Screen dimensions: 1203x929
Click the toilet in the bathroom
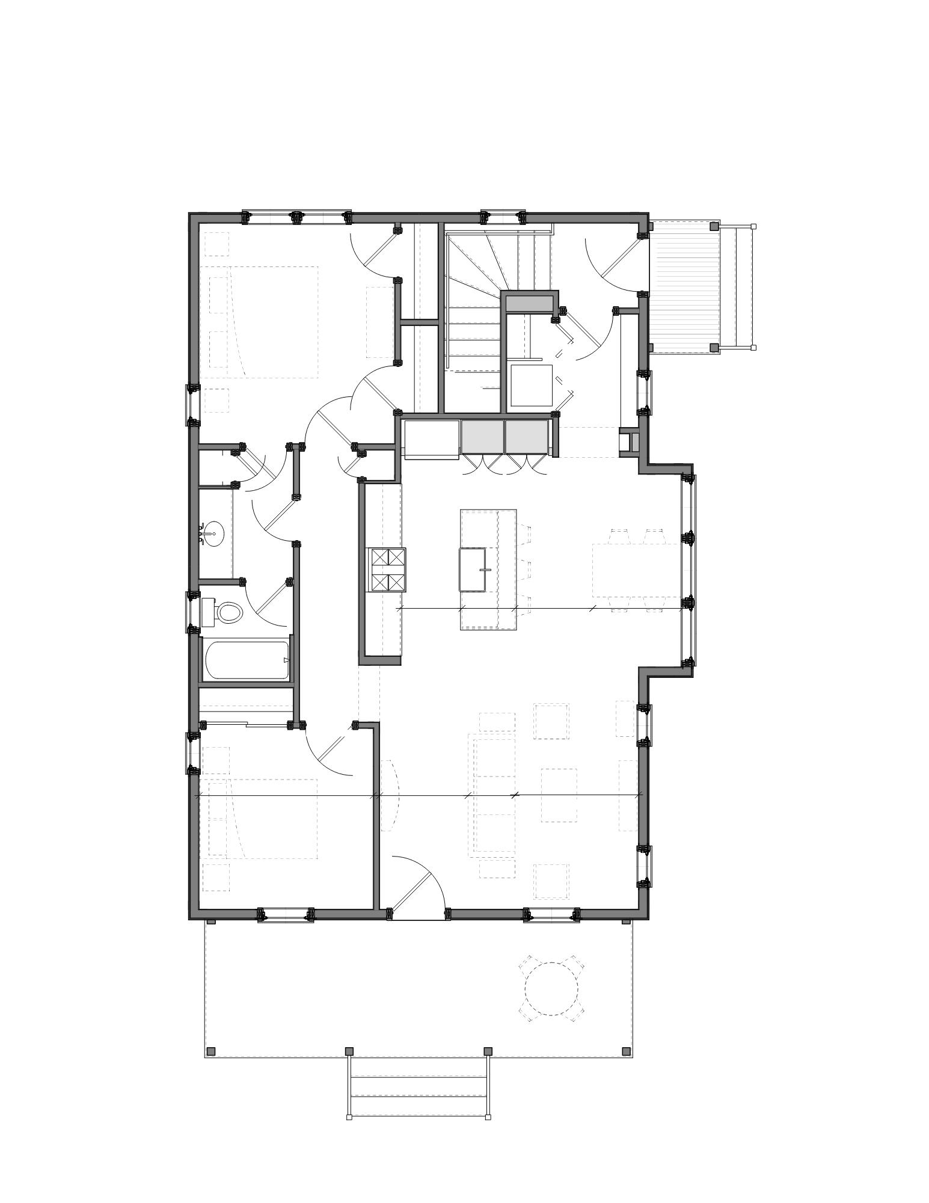coord(227,612)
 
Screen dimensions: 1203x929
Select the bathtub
coord(247,660)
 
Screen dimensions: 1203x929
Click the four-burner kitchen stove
coord(387,570)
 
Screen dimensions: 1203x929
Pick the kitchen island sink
coord(473,570)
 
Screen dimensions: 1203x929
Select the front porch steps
coord(418,1088)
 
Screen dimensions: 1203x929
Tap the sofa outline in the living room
coord(493,794)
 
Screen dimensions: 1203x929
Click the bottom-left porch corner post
coord(210,1051)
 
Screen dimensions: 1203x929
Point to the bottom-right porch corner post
coord(626,1051)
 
